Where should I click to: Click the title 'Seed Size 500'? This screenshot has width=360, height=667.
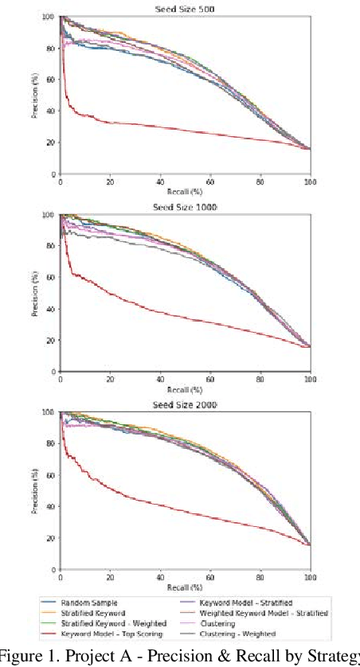[185, 9]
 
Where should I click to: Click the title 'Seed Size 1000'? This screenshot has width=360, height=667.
[185, 207]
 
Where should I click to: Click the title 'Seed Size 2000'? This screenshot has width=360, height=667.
[185, 405]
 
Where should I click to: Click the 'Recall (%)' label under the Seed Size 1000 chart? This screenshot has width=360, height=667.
[185, 390]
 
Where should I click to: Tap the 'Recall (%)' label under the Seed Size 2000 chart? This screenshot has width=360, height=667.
[185, 588]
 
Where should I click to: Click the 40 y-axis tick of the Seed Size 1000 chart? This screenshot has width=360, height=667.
[52, 309]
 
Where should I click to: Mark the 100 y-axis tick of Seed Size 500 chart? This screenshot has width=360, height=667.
[50, 17]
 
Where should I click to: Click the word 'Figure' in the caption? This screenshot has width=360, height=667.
[22, 657]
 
